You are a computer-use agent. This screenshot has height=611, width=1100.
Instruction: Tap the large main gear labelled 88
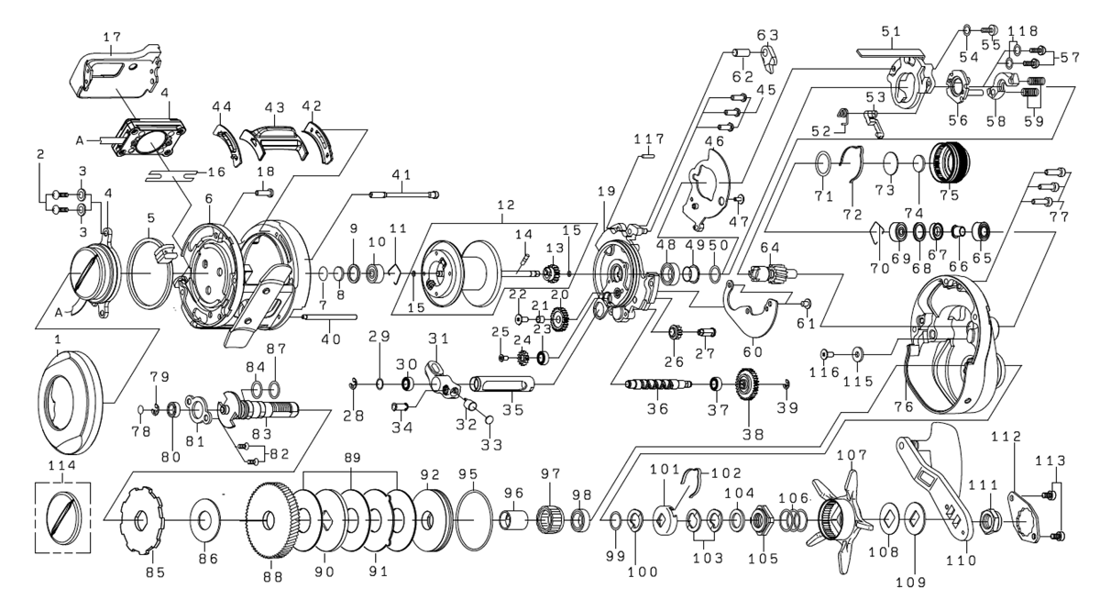pyautogui.click(x=272, y=522)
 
